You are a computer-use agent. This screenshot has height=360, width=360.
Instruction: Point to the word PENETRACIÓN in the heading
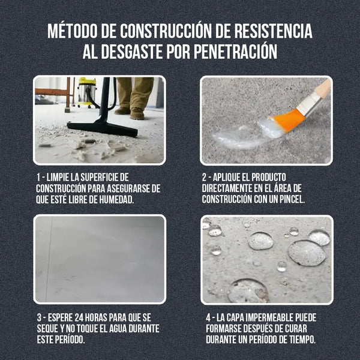coord(236,52)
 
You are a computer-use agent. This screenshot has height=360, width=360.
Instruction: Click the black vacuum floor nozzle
coord(102,127)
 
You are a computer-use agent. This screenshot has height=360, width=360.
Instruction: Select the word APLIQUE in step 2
coord(230,178)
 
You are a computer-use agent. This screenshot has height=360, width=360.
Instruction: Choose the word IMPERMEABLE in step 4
coord(267,317)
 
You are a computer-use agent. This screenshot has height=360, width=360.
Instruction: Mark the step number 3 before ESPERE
coord(38,317)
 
